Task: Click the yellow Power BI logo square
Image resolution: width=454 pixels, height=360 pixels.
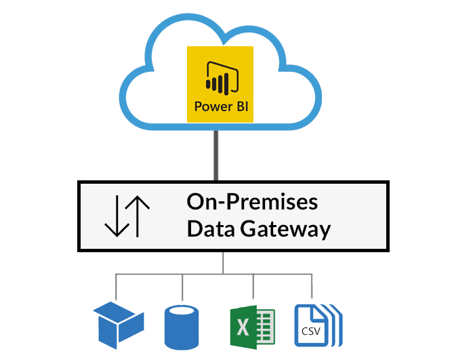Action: point(219,83)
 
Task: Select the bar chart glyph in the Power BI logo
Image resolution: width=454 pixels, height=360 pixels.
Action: point(218,77)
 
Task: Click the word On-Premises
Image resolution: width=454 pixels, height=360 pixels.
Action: point(252,202)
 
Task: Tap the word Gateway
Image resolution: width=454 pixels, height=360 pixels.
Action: point(285,230)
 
